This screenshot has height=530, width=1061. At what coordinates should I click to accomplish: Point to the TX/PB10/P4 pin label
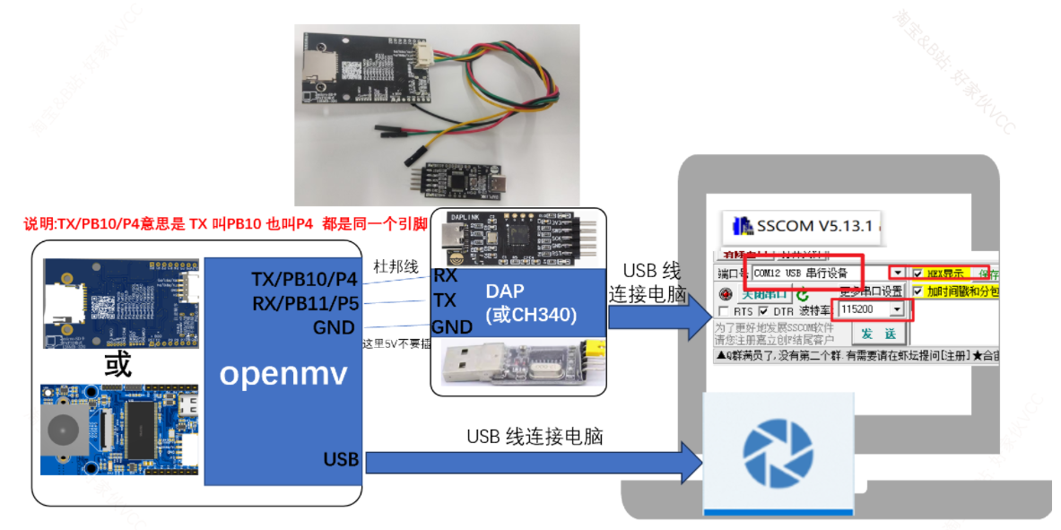click(x=304, y=279)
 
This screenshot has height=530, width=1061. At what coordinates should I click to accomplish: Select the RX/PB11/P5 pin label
click(x=304, y=303)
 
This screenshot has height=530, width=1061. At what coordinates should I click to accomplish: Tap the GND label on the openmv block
click(x=334, y=327)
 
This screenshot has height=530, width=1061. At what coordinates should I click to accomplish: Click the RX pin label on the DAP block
click(x=446, y=275)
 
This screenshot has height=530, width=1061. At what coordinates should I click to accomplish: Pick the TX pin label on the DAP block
click(x=446, y=300)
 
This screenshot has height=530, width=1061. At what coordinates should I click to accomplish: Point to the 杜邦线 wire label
click(x=396, y=265)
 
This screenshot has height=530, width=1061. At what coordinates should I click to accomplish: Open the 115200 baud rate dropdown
click(x=897, y=309)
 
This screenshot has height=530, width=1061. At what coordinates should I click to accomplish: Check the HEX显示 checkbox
click(x=918, y=273)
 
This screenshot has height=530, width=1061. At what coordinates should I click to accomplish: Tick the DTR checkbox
click(x=763, y=310)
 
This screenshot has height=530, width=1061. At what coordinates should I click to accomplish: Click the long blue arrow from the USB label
click(x=529, y=463)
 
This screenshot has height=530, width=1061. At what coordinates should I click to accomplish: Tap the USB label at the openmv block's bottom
click(x=341, y=459)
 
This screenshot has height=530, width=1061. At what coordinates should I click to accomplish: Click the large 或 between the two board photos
click(x=117, y=364)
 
